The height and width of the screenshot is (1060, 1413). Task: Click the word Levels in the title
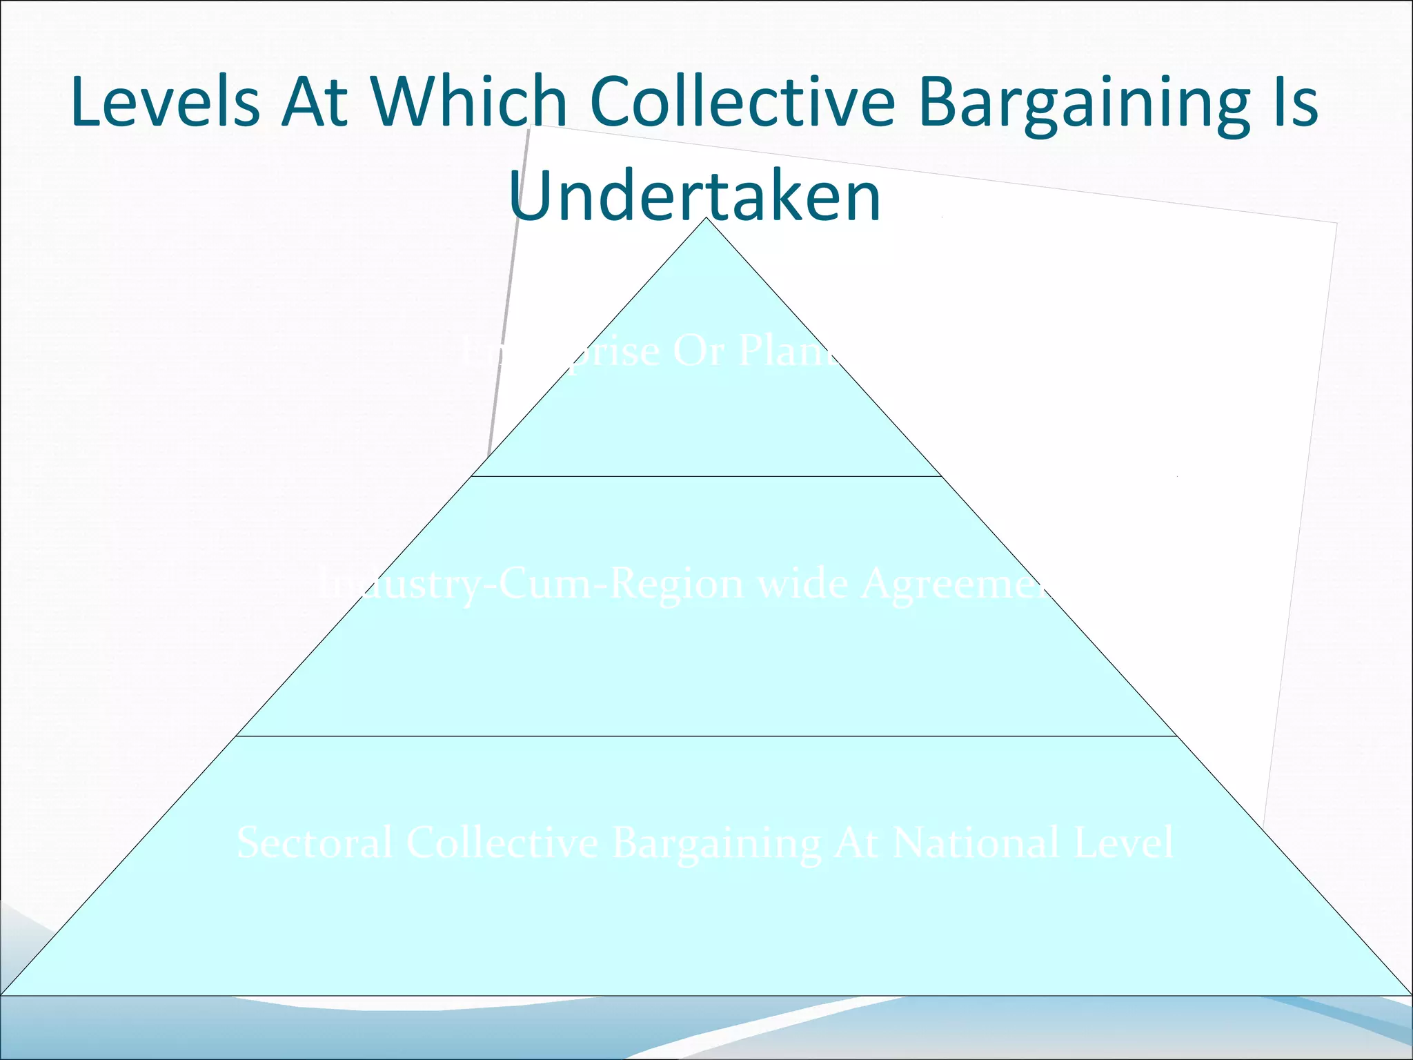(x=166, y=102)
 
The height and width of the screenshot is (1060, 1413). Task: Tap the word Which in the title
(x=469, y=102)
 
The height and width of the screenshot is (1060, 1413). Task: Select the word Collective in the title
(x=742, y=102)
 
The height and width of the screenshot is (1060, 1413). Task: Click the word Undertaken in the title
(x=695, y=197)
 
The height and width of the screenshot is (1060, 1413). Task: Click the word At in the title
(x=314, y=102)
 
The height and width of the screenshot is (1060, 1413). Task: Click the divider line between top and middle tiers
(x=706, y=476)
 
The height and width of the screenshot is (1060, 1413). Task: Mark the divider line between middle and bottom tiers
(x=706, y=736)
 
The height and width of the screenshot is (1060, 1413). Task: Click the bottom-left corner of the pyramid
(x=3, y=994)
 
